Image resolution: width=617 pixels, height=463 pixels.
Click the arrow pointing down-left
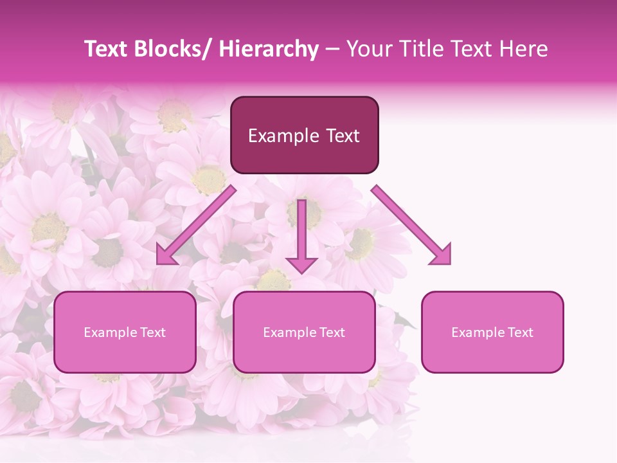[x=196, y=225]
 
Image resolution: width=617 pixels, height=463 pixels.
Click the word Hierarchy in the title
[x=269, y=49]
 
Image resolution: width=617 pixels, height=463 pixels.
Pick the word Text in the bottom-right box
[x=519, y=332]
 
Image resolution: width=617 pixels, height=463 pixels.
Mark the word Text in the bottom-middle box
[x=331, y=332]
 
